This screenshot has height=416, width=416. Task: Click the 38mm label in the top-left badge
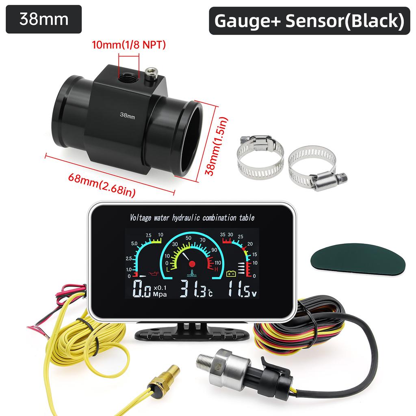tap(44, 19)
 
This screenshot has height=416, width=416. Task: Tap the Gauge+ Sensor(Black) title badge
tap(309, 21)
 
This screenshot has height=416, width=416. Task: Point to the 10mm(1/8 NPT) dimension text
tap(129, 45)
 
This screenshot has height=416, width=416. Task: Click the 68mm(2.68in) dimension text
tap(102, 185)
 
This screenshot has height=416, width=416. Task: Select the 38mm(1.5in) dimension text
tap(217, 146)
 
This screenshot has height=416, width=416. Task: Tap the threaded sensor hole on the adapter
tap(128, 78)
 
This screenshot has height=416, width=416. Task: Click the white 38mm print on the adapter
tap(127, 115)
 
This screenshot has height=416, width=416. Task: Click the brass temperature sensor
tap(163, 380)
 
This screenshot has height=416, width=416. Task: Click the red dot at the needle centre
tap(192, 264)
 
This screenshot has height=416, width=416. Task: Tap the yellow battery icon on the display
tap(231, 273)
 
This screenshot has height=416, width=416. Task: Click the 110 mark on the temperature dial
tap(218, 263)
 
